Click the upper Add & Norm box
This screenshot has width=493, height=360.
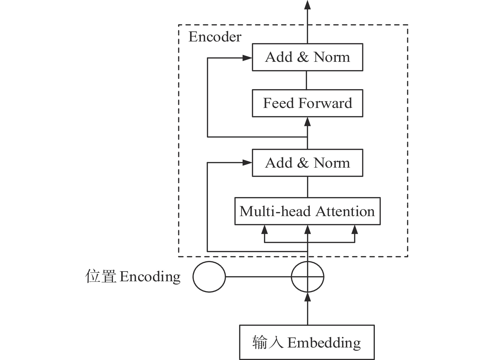tap(307, 57)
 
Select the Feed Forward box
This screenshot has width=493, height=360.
tap(307, 103)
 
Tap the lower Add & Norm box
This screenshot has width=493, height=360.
tap(307, 163)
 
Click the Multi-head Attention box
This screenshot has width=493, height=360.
tap(307, 211)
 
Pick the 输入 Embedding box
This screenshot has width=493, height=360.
tap(307, 342)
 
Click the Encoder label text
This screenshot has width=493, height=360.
tap(215, 37)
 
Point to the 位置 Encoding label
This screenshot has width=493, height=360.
tap(133, 277)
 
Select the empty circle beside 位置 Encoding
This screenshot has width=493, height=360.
tap(209, 277)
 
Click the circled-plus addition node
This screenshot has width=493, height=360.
tap(308, 277)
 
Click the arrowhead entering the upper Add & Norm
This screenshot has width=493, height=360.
tap(247, 58)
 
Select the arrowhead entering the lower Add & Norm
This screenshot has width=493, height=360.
tap(247, 163)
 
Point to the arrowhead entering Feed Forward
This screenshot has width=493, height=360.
tap(308, 122)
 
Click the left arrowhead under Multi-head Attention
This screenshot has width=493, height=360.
tap(264, 229)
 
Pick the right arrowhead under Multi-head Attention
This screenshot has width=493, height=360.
tap(354, 229)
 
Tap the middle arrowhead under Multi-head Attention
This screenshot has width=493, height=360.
tap(308, 229)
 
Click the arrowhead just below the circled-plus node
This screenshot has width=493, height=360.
tap(308, 297)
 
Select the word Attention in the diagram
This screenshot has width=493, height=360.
tap(345, 211)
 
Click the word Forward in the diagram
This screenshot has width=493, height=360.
tap(325, 103)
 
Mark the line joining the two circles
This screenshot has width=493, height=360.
tap(258, 277)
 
